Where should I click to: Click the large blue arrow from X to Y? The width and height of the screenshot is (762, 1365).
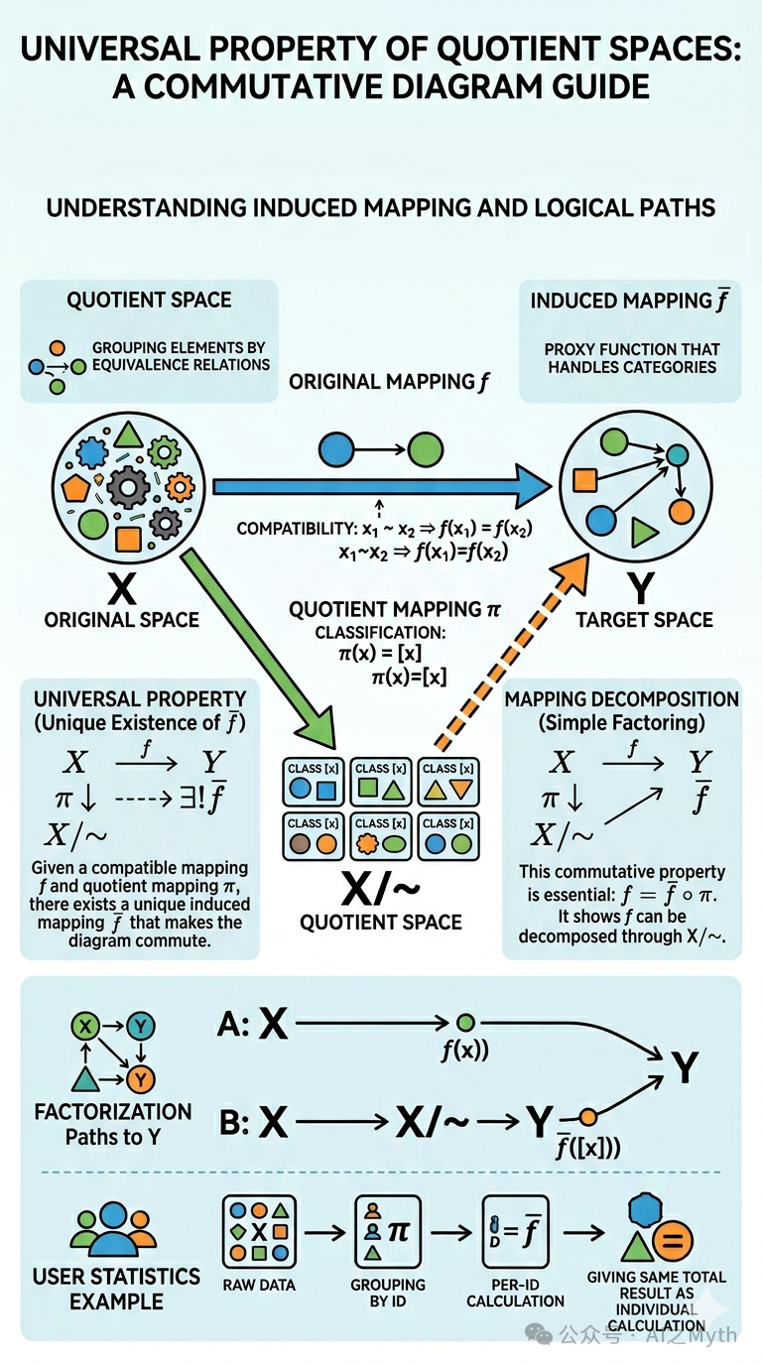click(377, 486)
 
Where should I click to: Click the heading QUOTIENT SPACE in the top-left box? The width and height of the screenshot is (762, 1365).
click(149, 301)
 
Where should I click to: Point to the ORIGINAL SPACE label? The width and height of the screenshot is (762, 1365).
click(121, 620)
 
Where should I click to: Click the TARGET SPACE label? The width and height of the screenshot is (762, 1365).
click(644, 620)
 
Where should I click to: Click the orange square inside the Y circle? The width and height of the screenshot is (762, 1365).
click(584, 480)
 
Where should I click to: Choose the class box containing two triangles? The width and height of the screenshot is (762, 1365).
click(447, 782)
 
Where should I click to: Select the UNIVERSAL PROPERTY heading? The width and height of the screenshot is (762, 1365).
click(140, 699)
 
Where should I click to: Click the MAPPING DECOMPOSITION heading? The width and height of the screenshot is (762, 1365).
click(622, 699)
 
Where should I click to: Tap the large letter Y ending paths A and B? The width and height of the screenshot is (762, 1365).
click(683, 1067)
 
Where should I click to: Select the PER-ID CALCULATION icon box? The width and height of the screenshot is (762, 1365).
click(515, 1231)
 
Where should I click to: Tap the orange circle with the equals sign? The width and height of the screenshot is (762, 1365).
click(671, 1240)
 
